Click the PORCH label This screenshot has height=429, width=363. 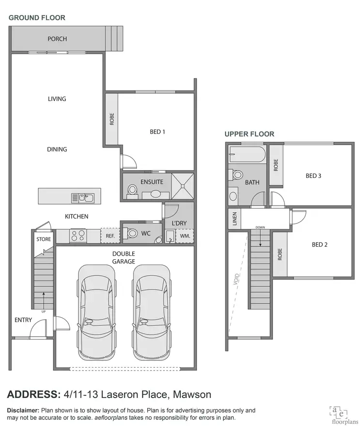(x=57, y=39)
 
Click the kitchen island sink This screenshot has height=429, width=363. (x=82, y=197)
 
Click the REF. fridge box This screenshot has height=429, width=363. (x=109, y=236)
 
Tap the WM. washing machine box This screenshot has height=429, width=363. (x=184, y=236)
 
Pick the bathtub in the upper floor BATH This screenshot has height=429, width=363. (x=247, y=155)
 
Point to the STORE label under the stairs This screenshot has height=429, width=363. (x=44, y=239)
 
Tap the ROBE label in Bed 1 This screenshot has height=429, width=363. (x=111, y=119)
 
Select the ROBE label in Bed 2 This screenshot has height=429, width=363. (x=279, y=254)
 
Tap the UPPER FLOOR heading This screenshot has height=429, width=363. (x=249, y=134)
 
